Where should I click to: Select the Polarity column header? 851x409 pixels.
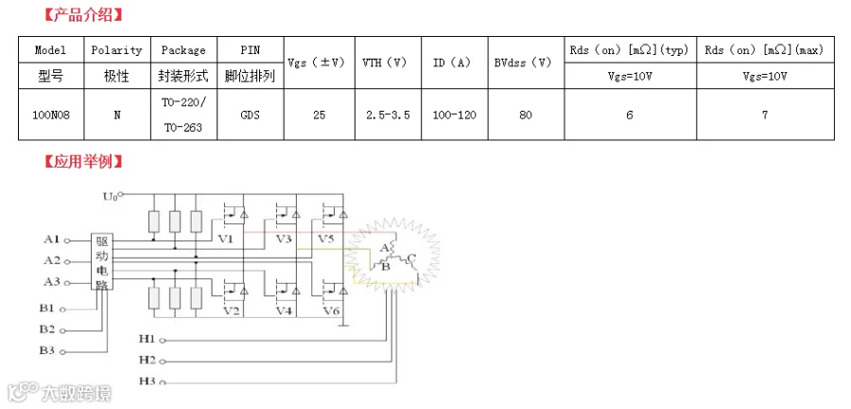coord(116,50)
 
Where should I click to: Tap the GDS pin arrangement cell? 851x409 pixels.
coord(250,115)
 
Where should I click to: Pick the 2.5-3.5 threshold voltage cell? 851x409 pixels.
coord(388,115)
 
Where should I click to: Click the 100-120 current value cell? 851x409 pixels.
coord(455,115)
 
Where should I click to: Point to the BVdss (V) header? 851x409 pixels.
coord(523,62)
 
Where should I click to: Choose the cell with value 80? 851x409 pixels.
coord(525,115)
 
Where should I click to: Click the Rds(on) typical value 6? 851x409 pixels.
coord(629,115)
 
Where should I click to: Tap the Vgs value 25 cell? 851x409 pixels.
coord(319,115)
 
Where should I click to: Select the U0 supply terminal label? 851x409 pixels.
coord(110,196)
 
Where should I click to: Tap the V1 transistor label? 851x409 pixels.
coord(225,240)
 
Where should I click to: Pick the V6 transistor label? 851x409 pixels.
coord(330,311)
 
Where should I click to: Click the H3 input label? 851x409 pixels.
coord(147,381)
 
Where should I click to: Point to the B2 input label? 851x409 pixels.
coord(47,329)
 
